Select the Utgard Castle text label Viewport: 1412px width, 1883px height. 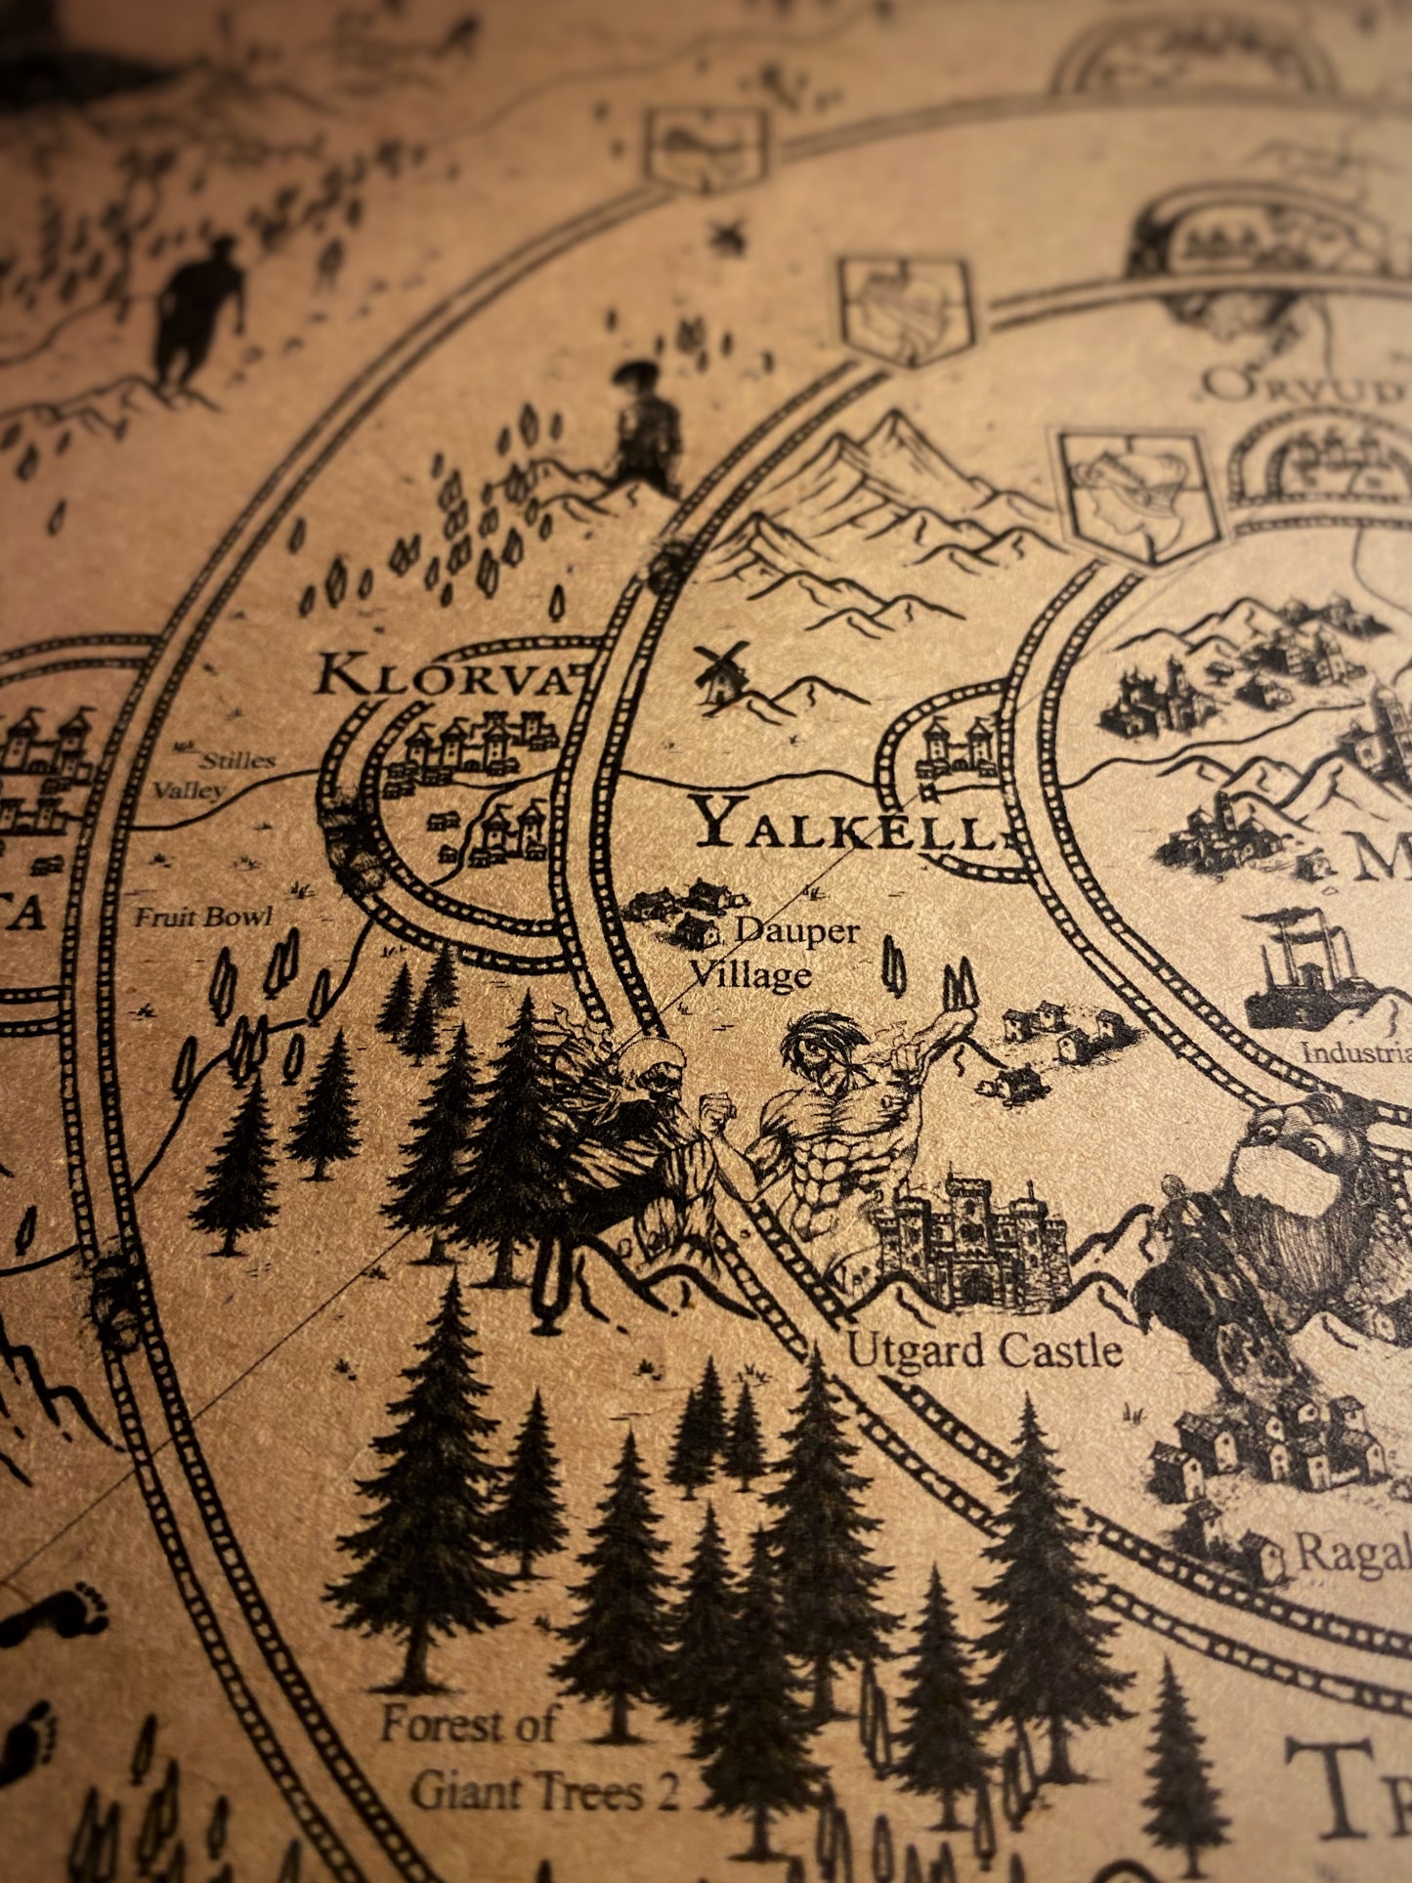[984, 1351]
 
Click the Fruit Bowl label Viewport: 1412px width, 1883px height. [203, 917]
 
